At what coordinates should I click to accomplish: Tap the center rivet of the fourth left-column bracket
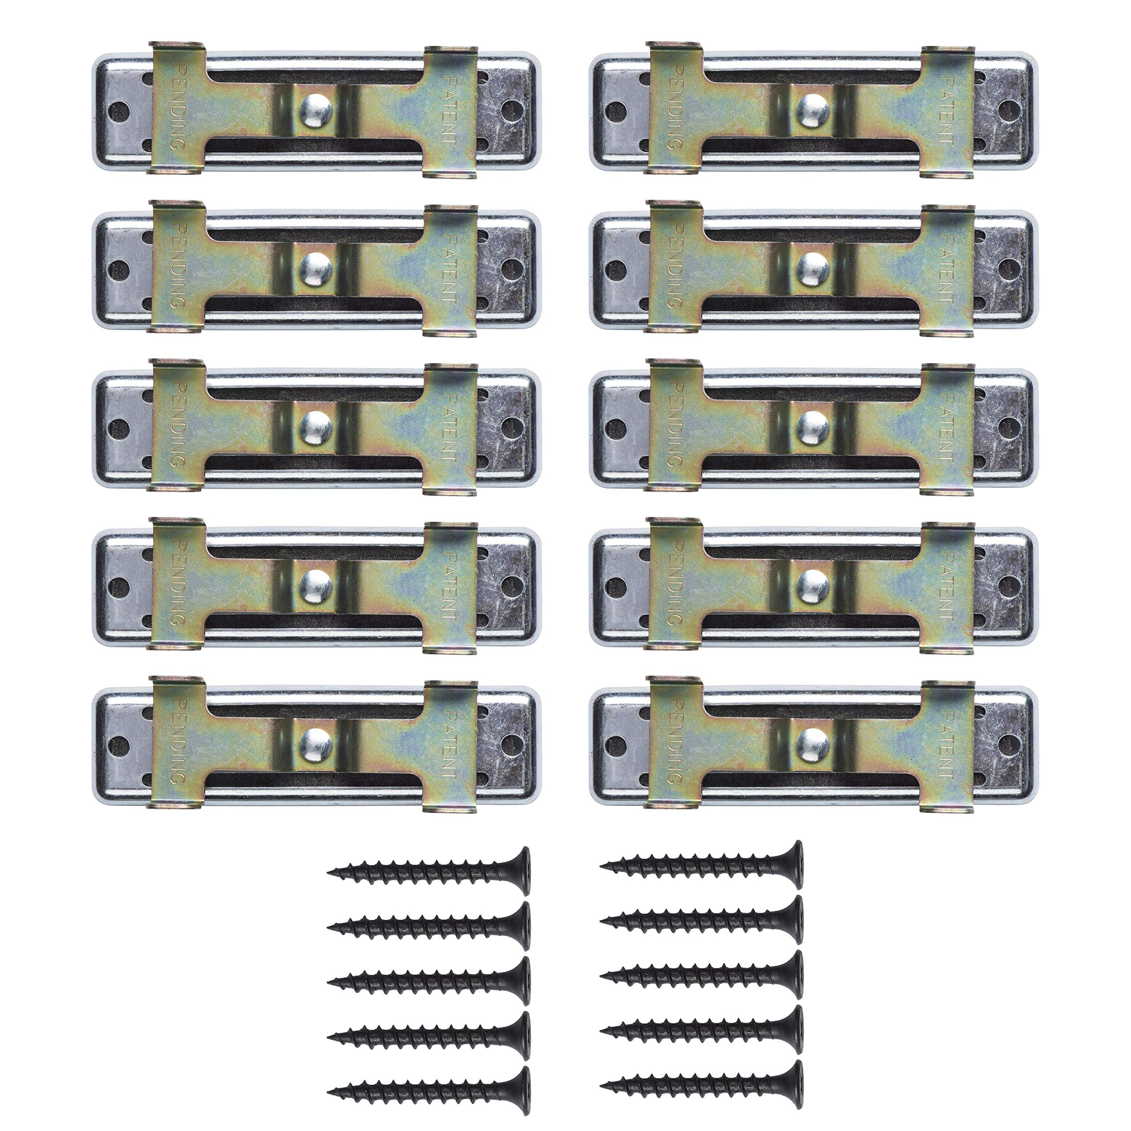coord(316,584)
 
